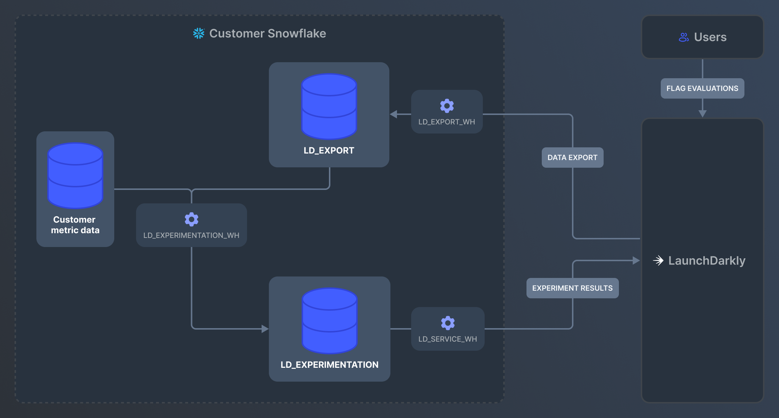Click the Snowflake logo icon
click(x=199, y=33)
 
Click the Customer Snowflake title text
click(x=267, y=33)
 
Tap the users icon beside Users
click(x=684, y=37)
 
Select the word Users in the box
click(x=710, y=37)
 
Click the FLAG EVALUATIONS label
click(x=702, y=88)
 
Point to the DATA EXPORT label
click(x=572, y=158)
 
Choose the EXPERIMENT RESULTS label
click(x=572, y=288)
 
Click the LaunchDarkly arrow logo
click(x=658, y=260)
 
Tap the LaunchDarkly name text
click(x=707, y=260)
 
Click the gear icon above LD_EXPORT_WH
click(x=447, y=106)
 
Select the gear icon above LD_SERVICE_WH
click(x=448, y=323)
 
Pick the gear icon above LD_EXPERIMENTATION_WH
click(x=191, y=219)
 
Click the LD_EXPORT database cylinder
click(x=329, y=107)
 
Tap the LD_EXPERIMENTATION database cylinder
click(x=330, y=321)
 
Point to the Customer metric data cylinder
click(x=75, y=176)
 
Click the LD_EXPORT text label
click(x=329, y=151)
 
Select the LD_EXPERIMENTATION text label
click(x=329, y=365)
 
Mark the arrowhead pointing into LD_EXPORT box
click(x=393, y=114)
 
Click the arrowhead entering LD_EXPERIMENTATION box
click(x=265, y=329)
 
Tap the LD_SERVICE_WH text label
click(x=448, y=339)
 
